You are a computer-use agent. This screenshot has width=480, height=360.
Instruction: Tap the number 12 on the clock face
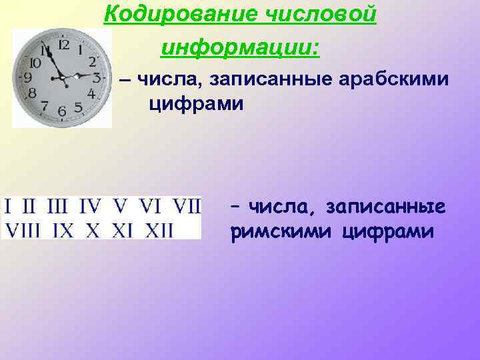(64, 45)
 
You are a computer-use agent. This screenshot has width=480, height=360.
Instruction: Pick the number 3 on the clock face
(97, 77)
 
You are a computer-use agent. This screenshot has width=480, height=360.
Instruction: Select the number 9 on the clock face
(28, 77)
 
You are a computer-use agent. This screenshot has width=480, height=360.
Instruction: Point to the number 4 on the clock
(91, 94)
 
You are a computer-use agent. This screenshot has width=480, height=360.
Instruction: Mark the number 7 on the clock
(44, 105)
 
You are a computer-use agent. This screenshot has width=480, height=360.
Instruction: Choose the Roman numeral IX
(63, 231)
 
